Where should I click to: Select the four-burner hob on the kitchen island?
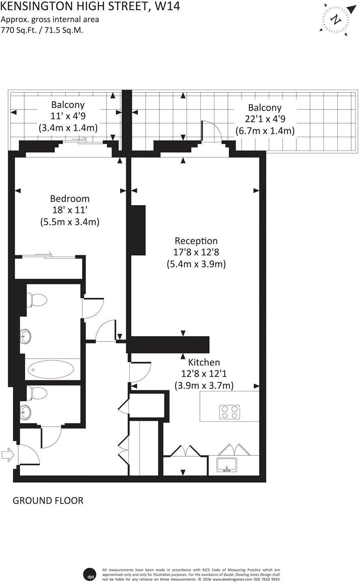[230, 412]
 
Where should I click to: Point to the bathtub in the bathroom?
[51, 370]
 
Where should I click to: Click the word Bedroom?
[70, 199]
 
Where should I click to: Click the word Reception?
[196, 241]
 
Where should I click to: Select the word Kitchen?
[204, 362]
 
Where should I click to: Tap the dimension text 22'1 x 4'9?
[265, 119]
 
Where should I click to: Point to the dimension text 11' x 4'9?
[68, 115]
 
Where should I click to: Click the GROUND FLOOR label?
[48, 500]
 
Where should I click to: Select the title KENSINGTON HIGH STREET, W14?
[90, 6]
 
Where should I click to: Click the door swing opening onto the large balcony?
[212, 132]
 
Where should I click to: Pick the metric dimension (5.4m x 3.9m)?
[196, 264]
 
